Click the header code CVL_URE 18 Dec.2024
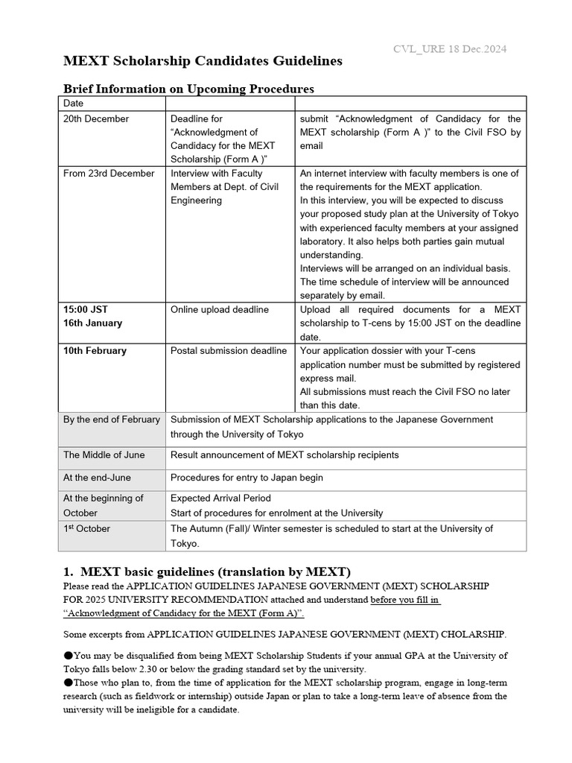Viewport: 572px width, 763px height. point(450,49)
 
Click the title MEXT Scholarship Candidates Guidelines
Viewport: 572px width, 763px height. point(203,61)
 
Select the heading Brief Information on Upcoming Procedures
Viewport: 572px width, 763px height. point(188,89)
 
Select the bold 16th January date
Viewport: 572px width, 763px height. point(93,323)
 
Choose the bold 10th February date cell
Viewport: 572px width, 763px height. point(95,351)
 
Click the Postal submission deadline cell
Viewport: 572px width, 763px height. point(229,351)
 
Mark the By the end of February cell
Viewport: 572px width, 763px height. point(112,420)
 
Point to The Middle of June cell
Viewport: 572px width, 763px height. point(104,455)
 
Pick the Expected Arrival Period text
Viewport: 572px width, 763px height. point(221,498)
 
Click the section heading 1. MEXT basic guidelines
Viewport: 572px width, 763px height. point(206,572)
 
